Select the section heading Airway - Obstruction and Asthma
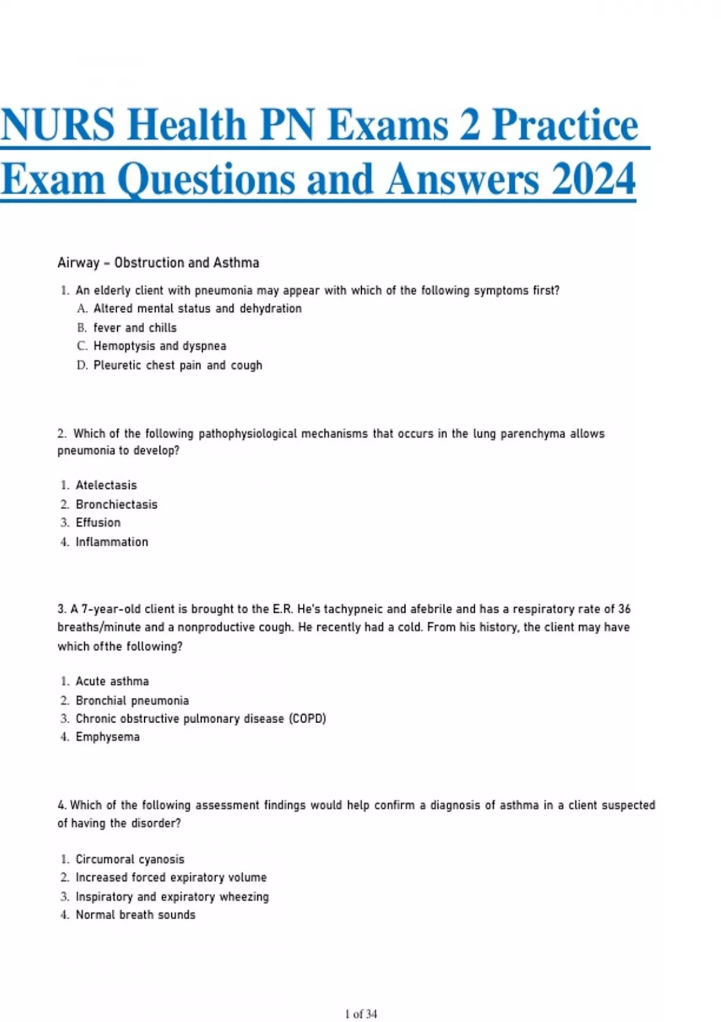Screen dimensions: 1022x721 pyautogui.click(x=158, y=263)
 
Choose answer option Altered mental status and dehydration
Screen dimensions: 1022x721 pyautogui.click(x=197, y=308)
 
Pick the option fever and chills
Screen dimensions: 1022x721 pyautogui.click(x=135, y=328)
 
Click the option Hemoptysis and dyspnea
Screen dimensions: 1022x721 pyautogui.click(x=160, y=346)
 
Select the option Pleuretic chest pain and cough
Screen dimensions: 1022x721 pyautogui.click(x=178, y=365)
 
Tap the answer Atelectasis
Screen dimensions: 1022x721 pyautogui.click(x=106, y=485)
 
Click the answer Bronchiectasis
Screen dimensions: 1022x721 pyautogui.click(x=116, y=504)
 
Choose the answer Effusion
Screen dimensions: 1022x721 pyautogui.click(x=98, y=522)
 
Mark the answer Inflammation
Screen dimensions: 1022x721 pyautogui.click(x=112, y=542)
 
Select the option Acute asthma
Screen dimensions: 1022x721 pyautogui.click(x=112, y=681)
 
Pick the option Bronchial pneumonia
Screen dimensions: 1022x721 pyautogui.click(x=132, y=700)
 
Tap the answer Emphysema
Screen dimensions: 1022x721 pyautogui.click(x=108, y=736)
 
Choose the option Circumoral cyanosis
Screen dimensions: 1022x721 pyautogui.click(x=130, y=859)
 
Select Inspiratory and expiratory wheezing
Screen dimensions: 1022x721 pyautogui.click(x=172, y=896)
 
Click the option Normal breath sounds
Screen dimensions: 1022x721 pyautogui.click(x=135, y=914)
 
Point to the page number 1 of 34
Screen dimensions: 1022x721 pyautogui.click(x=361, y=1014)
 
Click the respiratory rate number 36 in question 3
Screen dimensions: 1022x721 pyautogui.click(x=624, y=609)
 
